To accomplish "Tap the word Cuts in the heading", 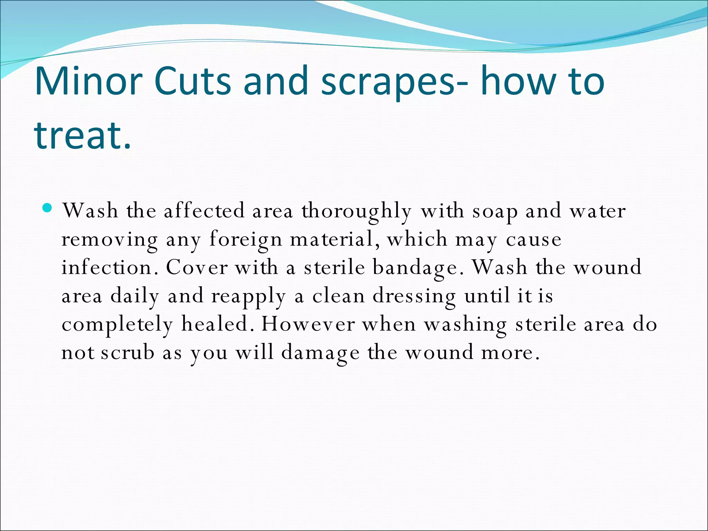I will click(192, 82).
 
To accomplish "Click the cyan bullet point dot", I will click(48, 208).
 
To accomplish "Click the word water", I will click(598, 211).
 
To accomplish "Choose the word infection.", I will click(106, 268).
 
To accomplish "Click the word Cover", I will click(197, 268).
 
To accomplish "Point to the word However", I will click(308, 324).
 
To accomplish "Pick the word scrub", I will click(128, 353).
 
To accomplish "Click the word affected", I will click(204, 211).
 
